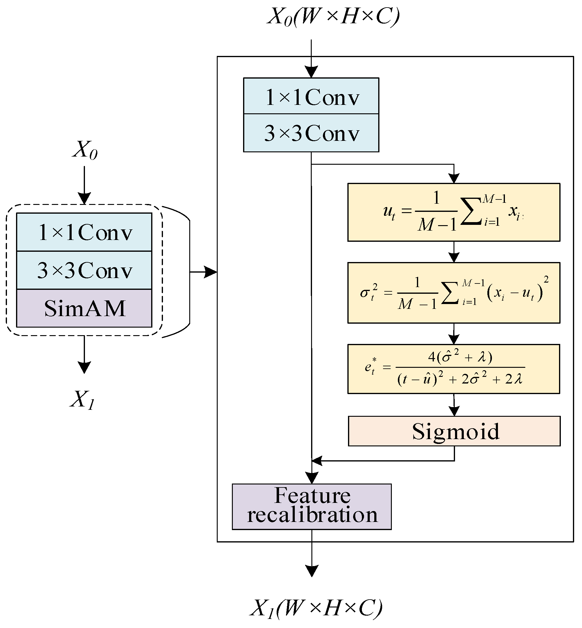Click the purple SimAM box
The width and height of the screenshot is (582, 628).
(x=84, y=308)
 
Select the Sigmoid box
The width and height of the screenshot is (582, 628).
(x=454, y=431)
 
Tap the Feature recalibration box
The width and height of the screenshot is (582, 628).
(x=312, y=507)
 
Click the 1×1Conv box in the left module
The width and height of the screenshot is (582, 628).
(x=84, y=232)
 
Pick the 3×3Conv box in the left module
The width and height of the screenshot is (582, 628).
(x=84, y=270)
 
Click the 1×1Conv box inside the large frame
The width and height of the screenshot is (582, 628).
(x=311, y=96)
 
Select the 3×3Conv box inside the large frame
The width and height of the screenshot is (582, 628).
(x=311, y=133)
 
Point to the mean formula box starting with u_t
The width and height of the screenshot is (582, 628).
(x=454, y=212)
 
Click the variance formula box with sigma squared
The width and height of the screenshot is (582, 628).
(x=454, y=293)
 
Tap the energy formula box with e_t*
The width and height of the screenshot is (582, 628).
(x=454, y=369)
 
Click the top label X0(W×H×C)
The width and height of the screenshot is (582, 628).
(x=333, y=16)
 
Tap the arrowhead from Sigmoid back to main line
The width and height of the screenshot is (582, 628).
(x=316, y=461)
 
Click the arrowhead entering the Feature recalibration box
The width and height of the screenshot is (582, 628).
(x=312, y=478)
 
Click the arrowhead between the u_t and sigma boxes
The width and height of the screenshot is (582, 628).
(x=454, y=257)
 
